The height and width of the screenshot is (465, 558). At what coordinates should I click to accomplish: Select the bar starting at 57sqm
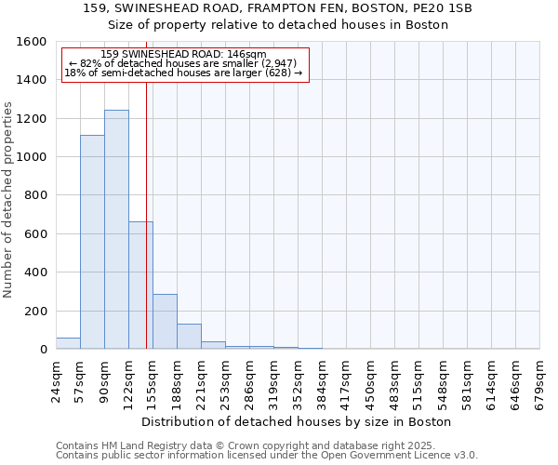tap(92, 242)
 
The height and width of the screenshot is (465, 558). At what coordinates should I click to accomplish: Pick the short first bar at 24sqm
tap(68, 343)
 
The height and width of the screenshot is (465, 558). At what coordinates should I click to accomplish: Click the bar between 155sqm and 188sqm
tap(165, 322)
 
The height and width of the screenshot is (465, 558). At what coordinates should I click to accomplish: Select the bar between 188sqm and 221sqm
tap(189, 337)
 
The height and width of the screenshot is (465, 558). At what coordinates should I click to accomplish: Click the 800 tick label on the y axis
tap(35, 196)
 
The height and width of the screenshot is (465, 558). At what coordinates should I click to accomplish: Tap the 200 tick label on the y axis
tap(35, 312)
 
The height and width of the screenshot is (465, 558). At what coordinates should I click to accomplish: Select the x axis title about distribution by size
tap(297, 421)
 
